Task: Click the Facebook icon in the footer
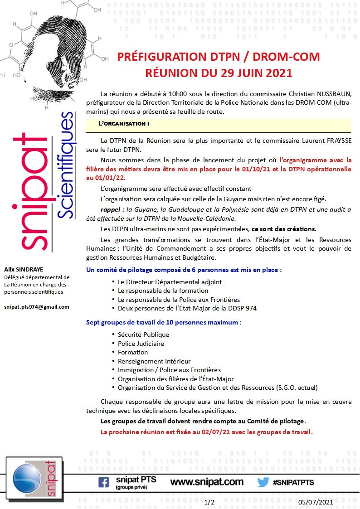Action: (x=104, y=482)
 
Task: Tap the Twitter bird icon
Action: (x=263, y=482)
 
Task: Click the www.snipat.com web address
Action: (x=207, y=482)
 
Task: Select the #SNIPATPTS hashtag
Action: (x=294, y=482)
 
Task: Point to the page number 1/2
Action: (x=209, y=502)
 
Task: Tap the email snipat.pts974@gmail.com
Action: (x=36, y=307)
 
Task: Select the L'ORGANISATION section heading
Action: (x=124, y=123)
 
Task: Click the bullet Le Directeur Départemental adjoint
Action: (x=163, y=282)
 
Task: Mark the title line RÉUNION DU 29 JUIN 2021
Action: (x=219, y=72)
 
